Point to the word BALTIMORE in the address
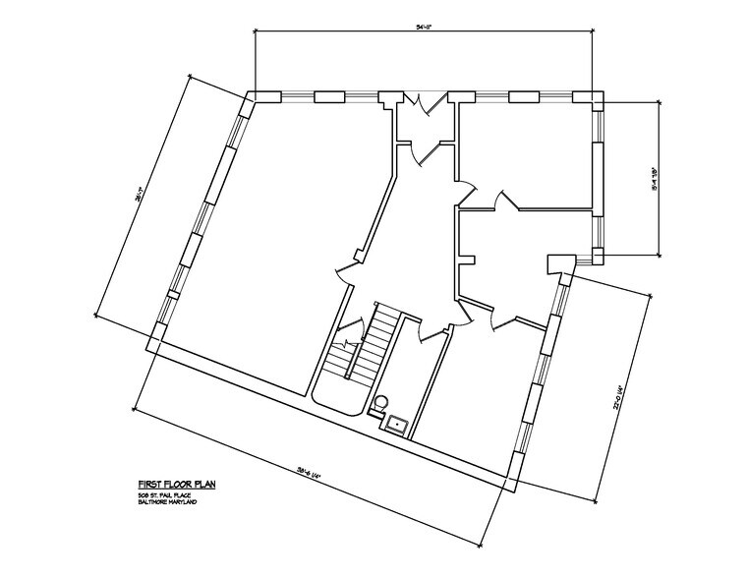coord(156,501)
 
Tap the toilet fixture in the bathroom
coord(381,403)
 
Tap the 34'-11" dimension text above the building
coord(424,28)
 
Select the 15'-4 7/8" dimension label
coord(653,178)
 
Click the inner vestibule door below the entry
coord(427,152)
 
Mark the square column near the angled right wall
coord(559,262)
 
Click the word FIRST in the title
coord(148,485)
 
